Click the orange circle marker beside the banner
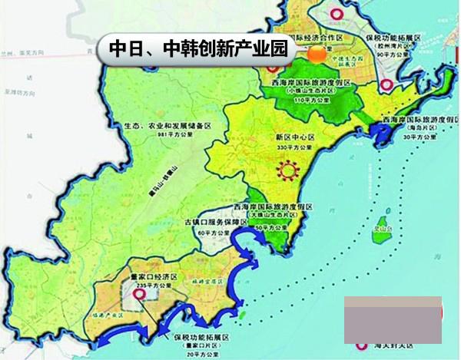[316, 53]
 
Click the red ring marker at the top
[335, 13]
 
